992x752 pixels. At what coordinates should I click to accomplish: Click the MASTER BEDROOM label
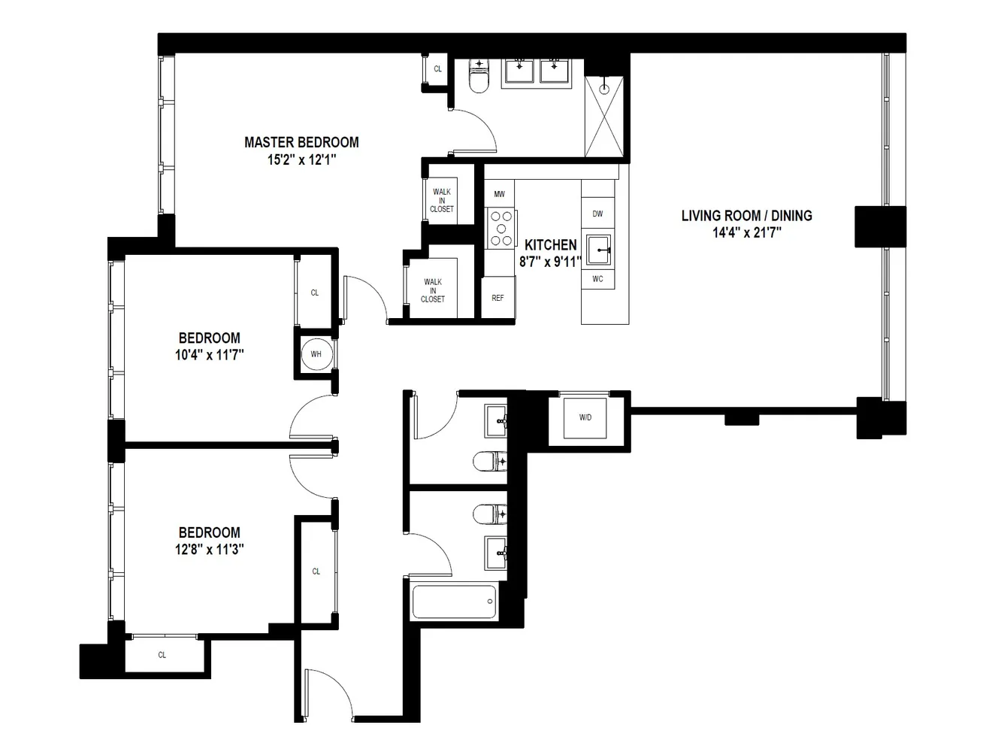[x=301, y=142]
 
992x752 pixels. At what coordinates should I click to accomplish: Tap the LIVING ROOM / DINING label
[x=746, y=216]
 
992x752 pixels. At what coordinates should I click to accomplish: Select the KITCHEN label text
[x=550, y=245]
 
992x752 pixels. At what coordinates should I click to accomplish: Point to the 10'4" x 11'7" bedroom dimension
[x=210, y=354]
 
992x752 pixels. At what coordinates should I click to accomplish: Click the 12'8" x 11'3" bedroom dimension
[x=210, y=549]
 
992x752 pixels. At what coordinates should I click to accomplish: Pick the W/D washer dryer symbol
[x=585, y=417]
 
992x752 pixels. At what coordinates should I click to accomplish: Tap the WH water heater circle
[x=316, y=354]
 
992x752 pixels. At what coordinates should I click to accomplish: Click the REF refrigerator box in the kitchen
[x=498, y=298]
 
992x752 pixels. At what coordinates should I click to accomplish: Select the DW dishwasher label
[x=597, y=214]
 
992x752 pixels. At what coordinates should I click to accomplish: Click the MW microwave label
[x=499, y=195]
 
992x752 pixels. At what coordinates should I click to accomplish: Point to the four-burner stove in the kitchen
[x=501, y=229]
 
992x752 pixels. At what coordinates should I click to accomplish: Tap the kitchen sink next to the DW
[x=598, y=249]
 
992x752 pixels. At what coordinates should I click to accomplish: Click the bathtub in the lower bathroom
[x=454, y=602]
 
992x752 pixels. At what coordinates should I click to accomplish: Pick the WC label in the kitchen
[x=597, y=280]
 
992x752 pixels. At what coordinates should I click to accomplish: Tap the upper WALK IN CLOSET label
[x=442, y=201]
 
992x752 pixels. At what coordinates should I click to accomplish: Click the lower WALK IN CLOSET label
[x=433, y=290]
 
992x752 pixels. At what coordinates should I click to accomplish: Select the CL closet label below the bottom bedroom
[x=162, y=655]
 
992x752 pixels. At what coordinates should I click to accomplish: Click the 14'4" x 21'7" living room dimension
[x=746, y=233]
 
